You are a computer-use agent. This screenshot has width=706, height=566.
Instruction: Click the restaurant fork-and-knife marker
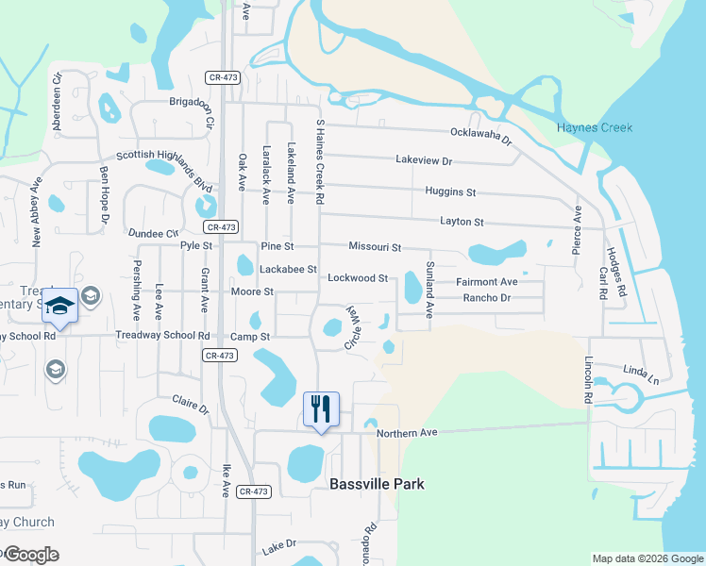pos(321,409)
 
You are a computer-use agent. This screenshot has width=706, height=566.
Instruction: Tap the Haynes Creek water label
pos(595,128)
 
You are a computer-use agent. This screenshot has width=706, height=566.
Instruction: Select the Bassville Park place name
pos(377,484)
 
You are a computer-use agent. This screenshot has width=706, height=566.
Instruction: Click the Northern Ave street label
pos(408,433)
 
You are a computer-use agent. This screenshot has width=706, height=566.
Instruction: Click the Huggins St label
pos(450,191)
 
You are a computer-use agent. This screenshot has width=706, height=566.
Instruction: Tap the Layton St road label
pos(462,222)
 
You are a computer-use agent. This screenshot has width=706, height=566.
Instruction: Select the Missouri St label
pos(375,246)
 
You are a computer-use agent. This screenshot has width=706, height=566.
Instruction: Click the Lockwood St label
pos(358,278)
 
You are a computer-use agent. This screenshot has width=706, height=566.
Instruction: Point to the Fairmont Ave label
pos(487,282)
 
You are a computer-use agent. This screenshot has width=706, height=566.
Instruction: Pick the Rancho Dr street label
pos(486,298)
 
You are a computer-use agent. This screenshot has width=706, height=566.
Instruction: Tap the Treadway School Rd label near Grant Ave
pos(162,335)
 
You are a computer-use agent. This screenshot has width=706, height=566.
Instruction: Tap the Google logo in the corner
pos(31,555)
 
